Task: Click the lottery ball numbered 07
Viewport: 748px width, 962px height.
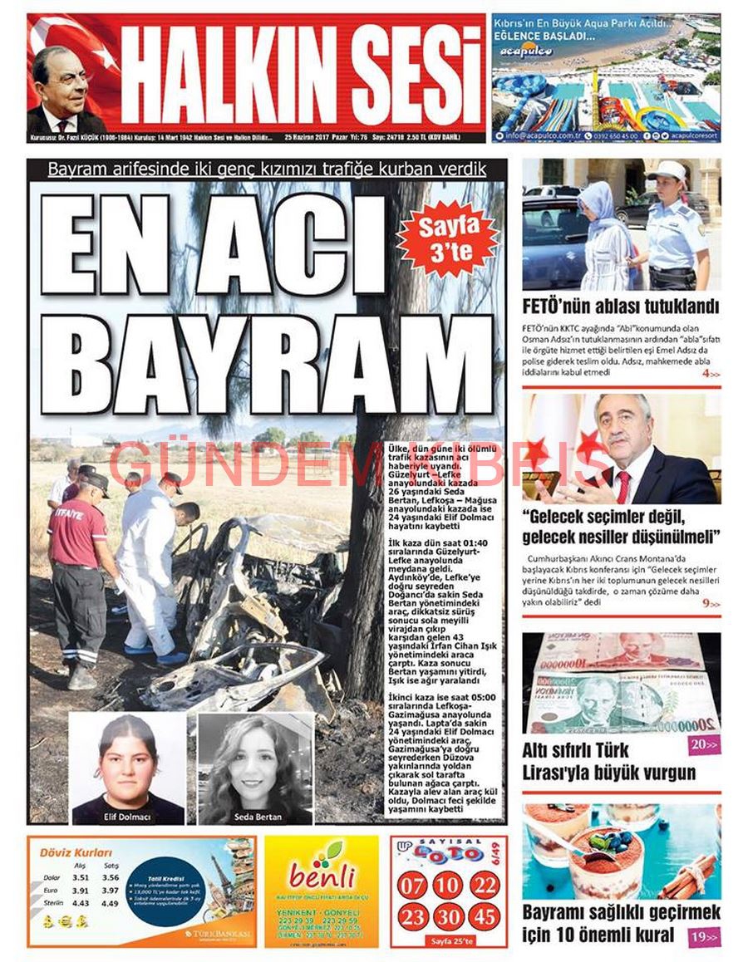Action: pos(412,884)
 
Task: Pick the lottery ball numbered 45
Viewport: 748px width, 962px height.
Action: pos(484,916)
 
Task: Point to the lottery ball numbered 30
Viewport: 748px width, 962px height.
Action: pos(448,916)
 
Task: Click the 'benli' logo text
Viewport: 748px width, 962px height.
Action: pos(322,876)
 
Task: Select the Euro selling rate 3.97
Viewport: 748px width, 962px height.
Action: pos(111,890)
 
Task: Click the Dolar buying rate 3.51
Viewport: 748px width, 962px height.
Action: pos(81,877)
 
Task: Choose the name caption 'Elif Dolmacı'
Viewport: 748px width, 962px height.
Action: pos(127,817)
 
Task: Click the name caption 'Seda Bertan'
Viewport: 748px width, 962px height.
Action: pos(258,817)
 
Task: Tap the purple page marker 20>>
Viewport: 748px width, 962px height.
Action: pos(704,744)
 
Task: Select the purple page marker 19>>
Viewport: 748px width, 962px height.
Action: pos(704,936)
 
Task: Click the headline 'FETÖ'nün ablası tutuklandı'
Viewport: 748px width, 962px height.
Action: pos(620,306)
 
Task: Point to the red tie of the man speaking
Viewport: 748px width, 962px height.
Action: pos(623,487)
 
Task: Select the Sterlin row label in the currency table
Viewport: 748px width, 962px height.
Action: pos(52,903)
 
